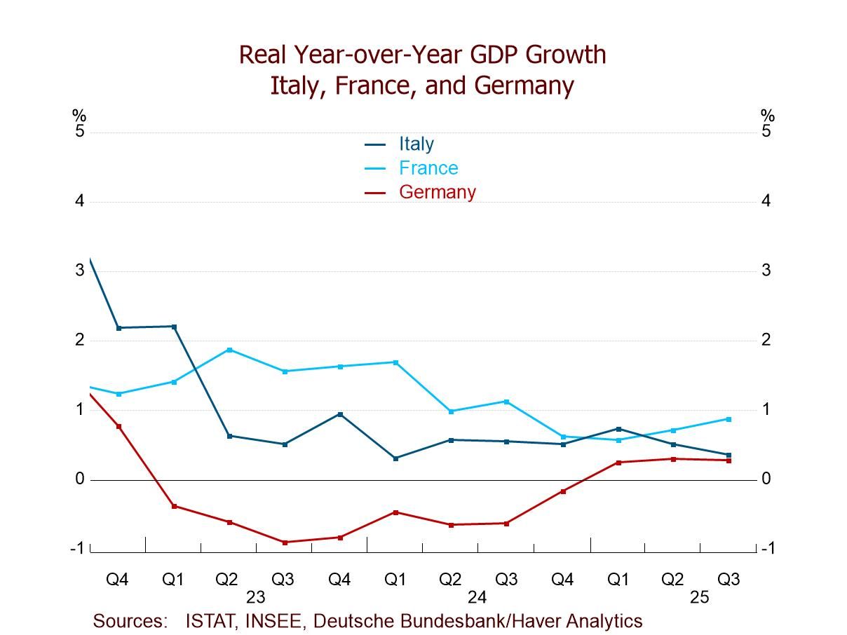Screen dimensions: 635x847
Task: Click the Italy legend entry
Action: pos(416,144)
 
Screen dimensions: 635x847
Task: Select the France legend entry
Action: pos(428,168)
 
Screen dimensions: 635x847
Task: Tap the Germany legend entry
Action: pos(437,192)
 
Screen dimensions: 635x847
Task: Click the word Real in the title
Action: pos(263,55)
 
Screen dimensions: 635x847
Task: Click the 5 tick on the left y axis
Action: pos(80,132)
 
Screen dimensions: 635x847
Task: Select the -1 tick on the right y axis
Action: pos(768,549)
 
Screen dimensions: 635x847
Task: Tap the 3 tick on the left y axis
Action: pos(80,271)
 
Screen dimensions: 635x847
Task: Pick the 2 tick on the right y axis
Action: pos(766,340)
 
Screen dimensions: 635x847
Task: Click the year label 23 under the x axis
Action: pos(255,598)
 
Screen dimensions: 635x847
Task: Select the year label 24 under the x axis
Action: pos(477,598)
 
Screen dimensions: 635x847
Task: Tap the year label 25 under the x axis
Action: pos(699,598)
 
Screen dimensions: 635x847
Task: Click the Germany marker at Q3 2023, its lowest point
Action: pos(285,542)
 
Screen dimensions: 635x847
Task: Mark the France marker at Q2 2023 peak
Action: pos(229,350)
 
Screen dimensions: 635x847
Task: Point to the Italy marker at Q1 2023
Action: pos(174,327)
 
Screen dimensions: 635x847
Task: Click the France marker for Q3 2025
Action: pos(729,419)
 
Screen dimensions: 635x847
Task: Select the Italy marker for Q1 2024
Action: pos(395,458)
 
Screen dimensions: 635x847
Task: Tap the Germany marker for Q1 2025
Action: pos(618,463)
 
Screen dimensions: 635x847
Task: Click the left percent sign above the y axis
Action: pos(79,116)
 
